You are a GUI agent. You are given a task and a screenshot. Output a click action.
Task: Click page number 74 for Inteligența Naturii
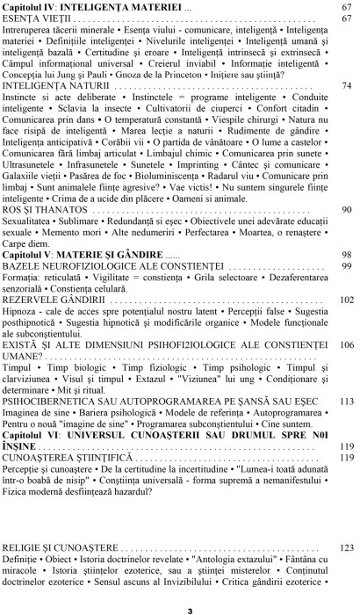tap(347, 86)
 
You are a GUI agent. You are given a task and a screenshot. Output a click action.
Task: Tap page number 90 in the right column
tap(347, 210)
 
